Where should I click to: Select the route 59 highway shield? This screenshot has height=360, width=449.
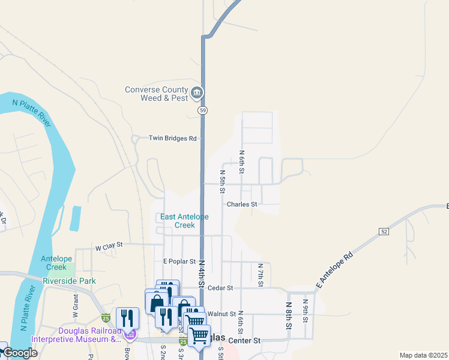203,110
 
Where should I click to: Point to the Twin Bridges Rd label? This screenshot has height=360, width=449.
173,139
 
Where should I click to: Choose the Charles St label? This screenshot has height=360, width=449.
242,204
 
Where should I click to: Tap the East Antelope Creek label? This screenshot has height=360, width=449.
185,221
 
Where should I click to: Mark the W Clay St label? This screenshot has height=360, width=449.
109,245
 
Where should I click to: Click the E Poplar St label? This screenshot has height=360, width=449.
179,262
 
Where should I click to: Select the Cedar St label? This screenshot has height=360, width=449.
221,288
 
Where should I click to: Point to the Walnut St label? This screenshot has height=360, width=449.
221,314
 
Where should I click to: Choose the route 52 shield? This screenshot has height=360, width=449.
384,231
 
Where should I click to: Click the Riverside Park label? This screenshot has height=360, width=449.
70,280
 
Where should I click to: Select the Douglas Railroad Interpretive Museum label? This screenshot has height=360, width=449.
89,335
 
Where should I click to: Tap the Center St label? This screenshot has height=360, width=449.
248,340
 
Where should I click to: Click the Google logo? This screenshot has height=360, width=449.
20,353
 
